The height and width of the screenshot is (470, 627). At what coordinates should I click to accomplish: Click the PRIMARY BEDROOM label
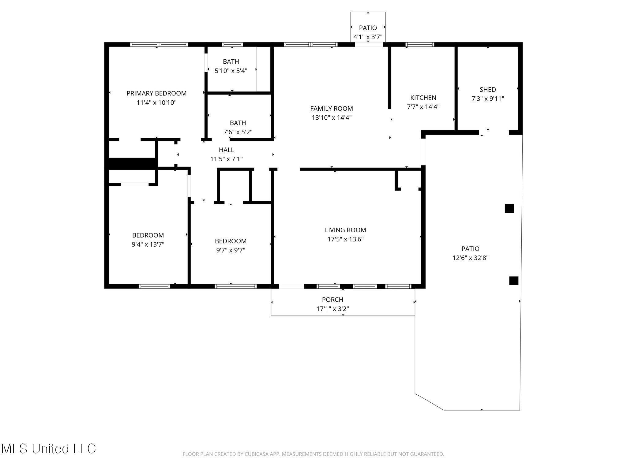click(156, 93)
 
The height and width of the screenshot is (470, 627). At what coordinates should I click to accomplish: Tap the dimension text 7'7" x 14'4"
click(423, 107)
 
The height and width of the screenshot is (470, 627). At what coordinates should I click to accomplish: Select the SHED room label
click(488, 90)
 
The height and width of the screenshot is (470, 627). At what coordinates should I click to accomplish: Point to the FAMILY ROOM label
click(332, 109)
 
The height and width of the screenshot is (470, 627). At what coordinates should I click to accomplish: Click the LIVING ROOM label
click(345, 230)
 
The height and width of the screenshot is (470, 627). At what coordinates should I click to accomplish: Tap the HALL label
click(227, 150)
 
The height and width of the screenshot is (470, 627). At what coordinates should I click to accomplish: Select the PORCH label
click(332, 300)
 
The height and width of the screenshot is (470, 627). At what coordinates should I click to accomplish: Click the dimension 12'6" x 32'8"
click(471, 258)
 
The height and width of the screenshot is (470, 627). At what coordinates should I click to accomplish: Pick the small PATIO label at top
click(368, 28)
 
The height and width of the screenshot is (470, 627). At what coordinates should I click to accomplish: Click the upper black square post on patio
click(509, 208)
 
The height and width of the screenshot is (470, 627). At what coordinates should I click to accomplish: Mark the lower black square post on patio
click(514, 281)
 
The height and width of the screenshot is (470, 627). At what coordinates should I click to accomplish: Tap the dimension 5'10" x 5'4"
click(231, 71)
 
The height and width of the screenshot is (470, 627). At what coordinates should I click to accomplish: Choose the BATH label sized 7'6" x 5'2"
click(238, 123)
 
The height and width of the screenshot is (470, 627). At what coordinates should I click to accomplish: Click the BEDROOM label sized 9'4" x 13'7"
click(148, 235)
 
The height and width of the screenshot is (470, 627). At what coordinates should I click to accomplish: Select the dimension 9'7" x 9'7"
click(231, 250)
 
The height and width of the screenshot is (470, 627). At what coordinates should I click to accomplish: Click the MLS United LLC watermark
click(49, 449)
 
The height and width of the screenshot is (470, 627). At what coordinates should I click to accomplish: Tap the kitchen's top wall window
click(420, 45)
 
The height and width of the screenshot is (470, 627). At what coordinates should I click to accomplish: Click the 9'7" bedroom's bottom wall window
click(235, 286)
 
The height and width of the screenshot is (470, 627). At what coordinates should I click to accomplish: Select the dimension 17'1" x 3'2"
click(332, 309)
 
